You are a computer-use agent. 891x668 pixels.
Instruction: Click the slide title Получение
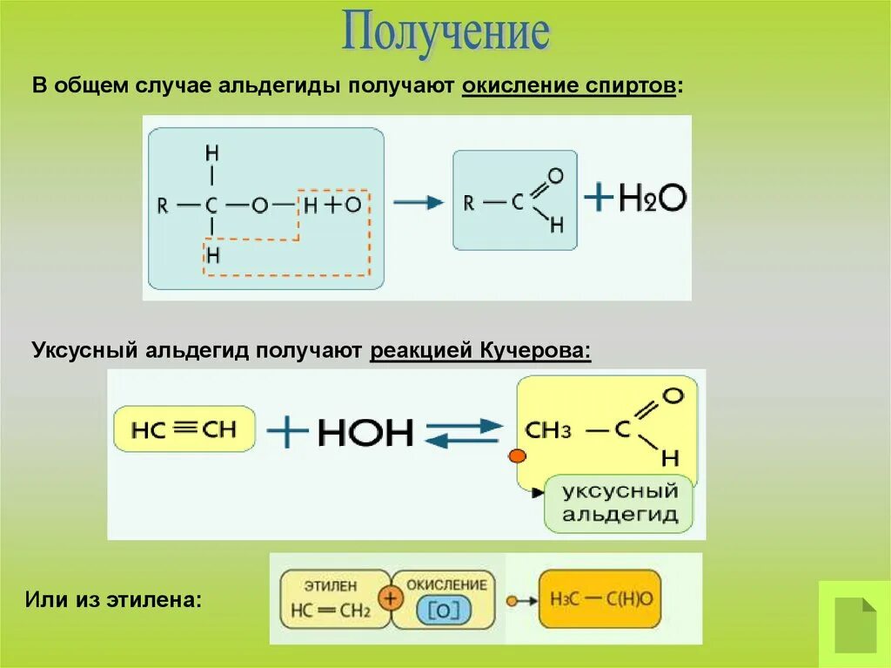click(445, 33)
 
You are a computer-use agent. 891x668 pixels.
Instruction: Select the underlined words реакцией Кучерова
click(481, 350)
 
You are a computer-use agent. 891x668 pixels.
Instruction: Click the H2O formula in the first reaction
click(653, 199)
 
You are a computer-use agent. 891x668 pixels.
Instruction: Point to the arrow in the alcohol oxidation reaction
click(418, 202)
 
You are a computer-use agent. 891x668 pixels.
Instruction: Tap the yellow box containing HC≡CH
click(184, 428)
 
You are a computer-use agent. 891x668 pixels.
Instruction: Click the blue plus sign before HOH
click(286, 431)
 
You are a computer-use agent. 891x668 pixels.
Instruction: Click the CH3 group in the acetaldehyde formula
click(549, 430)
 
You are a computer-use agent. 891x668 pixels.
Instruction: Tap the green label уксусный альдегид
click(619, 503)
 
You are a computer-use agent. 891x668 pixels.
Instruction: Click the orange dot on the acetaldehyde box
click(516, 455)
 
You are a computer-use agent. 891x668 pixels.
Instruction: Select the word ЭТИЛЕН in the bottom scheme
click(330, 586)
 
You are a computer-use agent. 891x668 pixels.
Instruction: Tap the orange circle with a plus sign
click(391, 599)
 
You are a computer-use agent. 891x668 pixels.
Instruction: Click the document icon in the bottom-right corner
click(854, 623)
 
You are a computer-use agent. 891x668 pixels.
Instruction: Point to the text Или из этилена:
click(113, 600)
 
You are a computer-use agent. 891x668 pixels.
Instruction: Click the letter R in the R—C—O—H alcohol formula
click(163, 206)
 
